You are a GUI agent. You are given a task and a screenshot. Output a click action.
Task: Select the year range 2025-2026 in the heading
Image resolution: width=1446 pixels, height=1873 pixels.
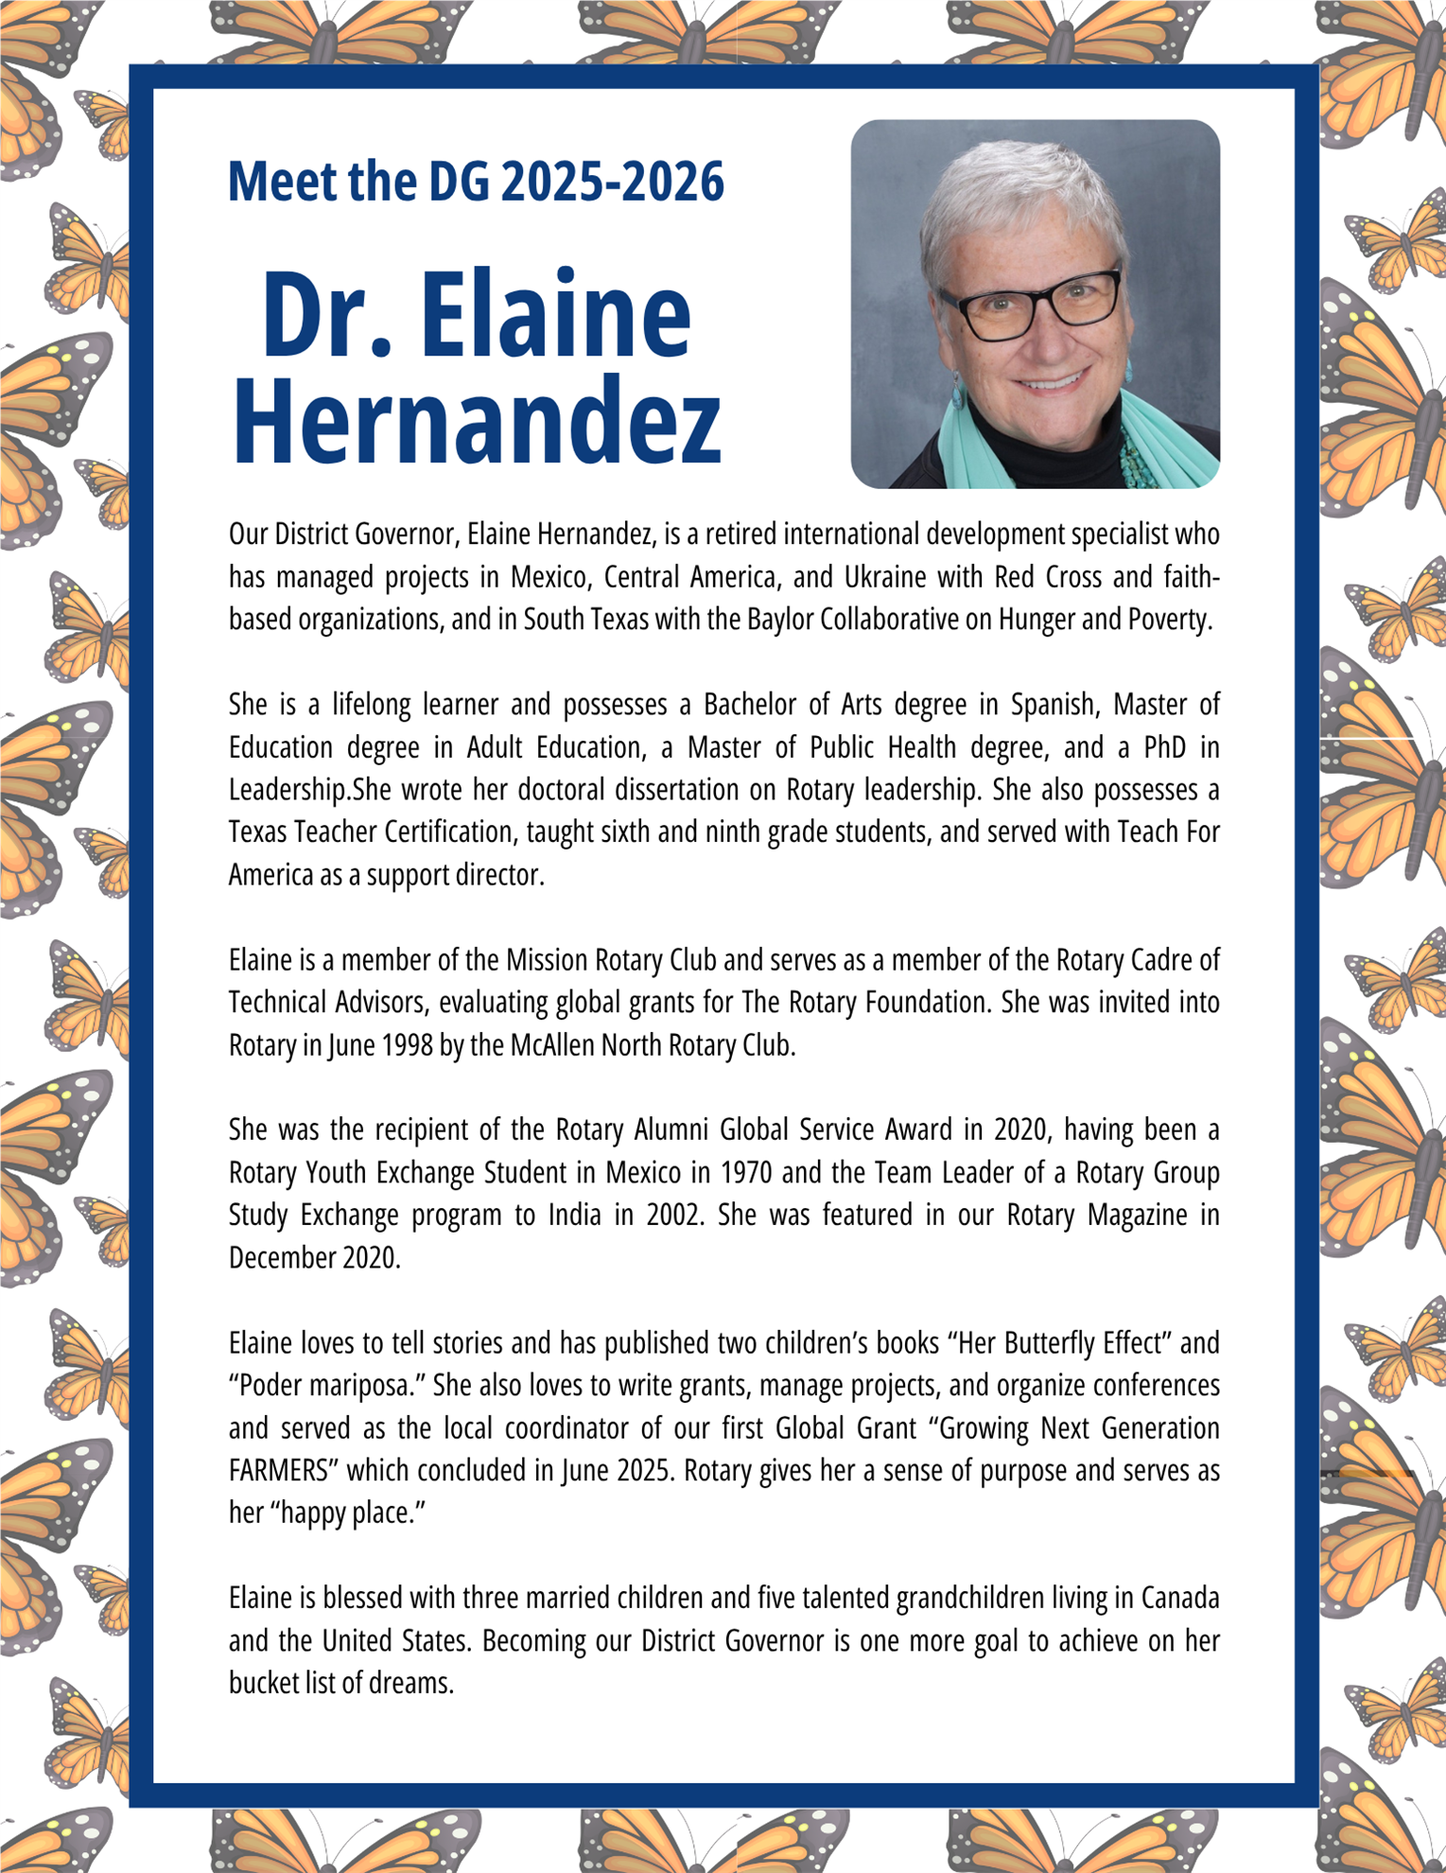[x=612, y=183]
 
